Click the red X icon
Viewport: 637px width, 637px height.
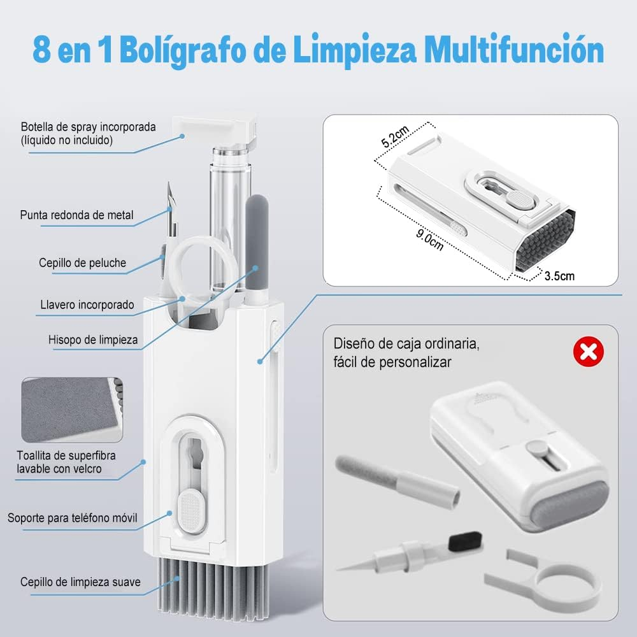pyautogui.click(x=588, y=352)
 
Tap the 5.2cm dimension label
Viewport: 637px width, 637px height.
pyautogui.click(x=395, y=136)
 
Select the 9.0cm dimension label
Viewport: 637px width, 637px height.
pyautogui.click(x=430, y=240)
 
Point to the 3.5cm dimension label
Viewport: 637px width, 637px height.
pyautogui.click(x=559, y=276)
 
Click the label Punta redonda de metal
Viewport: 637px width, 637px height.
pyautogui.click(x=77, y=215)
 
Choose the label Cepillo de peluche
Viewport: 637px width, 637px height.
pyautogui.click(x=82, y=263)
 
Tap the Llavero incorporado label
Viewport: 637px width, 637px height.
pyautogui.click(x=87, y=304)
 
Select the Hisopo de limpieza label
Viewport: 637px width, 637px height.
pyautogui.click(x=93, y=340)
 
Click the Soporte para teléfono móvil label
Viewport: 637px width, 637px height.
pyautogui.click(x=73, y=518)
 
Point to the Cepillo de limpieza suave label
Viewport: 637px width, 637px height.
pyautogui.click(x=80, y=582)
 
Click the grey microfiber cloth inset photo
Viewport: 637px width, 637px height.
pyautogui.click(x=72, y=410)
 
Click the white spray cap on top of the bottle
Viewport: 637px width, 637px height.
pyautogui.click(x=215, y=131)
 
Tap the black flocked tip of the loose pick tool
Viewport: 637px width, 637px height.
pyautogui.click(x=466, y=541)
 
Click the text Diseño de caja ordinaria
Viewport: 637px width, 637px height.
pyautogui.click(x=406, y=344)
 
